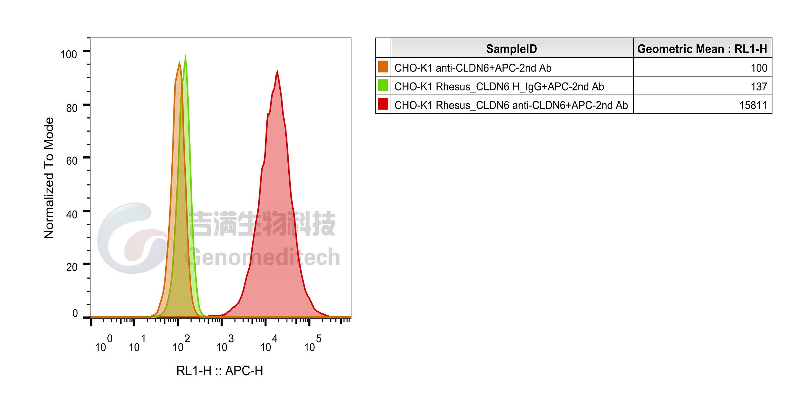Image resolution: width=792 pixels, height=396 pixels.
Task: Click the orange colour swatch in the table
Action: click(383, 67)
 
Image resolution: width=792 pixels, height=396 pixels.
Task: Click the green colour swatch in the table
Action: click(383, 85)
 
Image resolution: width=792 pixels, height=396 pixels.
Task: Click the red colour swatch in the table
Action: click(383, 104)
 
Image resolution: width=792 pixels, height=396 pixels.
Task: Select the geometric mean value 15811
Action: click(753, 105)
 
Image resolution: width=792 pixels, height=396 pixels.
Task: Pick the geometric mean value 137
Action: click(759, 86)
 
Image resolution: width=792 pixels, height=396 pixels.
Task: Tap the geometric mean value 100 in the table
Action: click(759, 67)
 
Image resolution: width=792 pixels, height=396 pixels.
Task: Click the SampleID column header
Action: click(511, 49)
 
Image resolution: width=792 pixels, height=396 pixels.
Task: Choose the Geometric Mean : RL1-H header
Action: click(702, 49)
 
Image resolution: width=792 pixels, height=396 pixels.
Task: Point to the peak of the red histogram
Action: click(277, 71)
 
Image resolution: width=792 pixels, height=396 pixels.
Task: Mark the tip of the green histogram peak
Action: click(185, 55)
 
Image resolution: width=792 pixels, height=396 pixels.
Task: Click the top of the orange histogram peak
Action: click(179, 62)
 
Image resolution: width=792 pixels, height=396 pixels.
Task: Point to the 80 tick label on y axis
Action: click(72, 108)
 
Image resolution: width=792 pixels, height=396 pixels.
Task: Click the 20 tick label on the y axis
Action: click(72, 267)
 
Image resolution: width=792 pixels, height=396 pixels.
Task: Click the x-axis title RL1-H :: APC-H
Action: click(220, 371)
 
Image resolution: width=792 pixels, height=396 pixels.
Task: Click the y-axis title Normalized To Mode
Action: click(49, 178)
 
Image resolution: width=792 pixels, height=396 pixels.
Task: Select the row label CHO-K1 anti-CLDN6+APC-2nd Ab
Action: click(473, 67)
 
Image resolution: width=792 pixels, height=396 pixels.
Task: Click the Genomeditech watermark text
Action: click(262, 257)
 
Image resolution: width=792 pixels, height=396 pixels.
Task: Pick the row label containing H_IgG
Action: click(499, 87)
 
